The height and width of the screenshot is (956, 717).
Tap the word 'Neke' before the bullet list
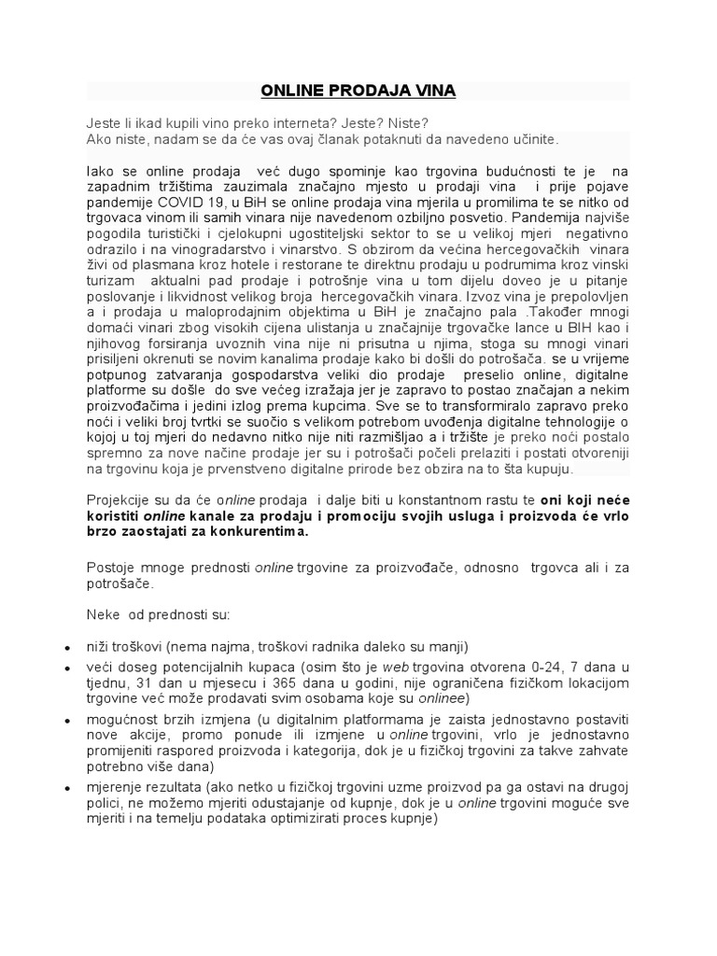coord(104,615)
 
